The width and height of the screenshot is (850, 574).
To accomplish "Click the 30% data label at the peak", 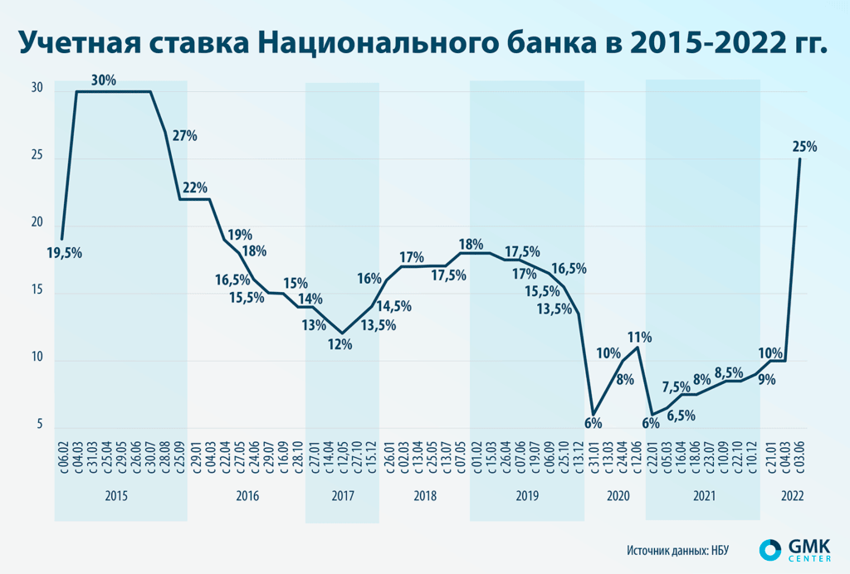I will (104, 80).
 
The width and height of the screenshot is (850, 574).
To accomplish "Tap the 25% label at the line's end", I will (804, 147).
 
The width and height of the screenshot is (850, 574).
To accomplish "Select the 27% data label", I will (184, 136).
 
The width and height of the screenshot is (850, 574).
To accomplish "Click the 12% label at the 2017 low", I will (340, 344).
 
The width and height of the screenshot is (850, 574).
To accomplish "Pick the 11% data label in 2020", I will (639, 337).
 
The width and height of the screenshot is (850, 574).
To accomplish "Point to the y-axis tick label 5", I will (38, 426).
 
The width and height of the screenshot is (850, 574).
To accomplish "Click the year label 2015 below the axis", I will (117, 496).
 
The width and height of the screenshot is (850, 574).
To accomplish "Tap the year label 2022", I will (792, 496).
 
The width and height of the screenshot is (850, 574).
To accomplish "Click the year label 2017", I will (342, 496).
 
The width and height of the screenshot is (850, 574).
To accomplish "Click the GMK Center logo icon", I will (770, 548).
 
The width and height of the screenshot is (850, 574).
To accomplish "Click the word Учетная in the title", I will (80, 43).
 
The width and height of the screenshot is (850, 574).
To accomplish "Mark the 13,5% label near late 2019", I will (554, 309).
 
